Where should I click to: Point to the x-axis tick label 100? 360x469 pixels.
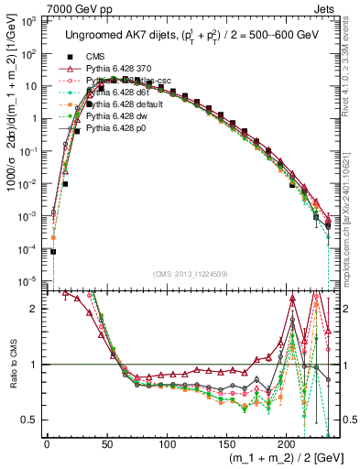click(167, 445)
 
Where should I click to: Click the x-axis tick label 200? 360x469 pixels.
click(287, 445)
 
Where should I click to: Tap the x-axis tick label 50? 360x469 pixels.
click(107, 445)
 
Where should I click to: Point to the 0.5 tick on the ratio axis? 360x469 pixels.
click(31, 420)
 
